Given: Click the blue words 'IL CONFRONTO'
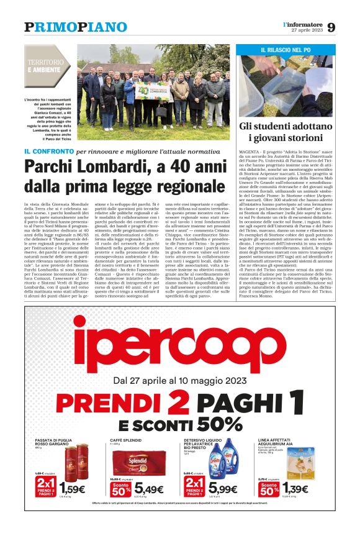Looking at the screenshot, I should (48, 152).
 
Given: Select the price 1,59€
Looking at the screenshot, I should (73, 489).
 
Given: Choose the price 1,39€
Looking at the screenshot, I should (295, 489).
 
